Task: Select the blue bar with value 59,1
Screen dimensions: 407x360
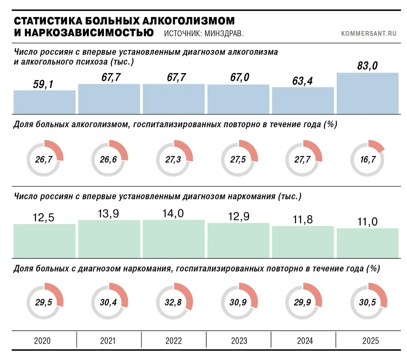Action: click(45, 102)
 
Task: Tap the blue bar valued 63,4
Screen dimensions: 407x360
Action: click(303, 101)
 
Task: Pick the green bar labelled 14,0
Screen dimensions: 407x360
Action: click(174, 239)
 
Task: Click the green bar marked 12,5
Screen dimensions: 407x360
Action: click(45, 241)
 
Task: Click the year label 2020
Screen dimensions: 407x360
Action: click(42, 341)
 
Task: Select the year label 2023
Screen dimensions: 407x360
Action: click(239, 341)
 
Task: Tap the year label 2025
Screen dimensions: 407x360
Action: click(370, 341)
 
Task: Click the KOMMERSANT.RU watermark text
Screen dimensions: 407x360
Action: click(369, 34)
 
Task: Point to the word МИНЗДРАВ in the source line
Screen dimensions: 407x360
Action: click(224, 34)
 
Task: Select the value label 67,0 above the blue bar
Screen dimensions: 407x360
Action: click(240, 77)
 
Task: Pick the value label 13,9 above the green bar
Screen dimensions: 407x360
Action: click(108, 214)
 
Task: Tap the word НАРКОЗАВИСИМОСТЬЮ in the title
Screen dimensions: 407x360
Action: click(89, 32)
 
